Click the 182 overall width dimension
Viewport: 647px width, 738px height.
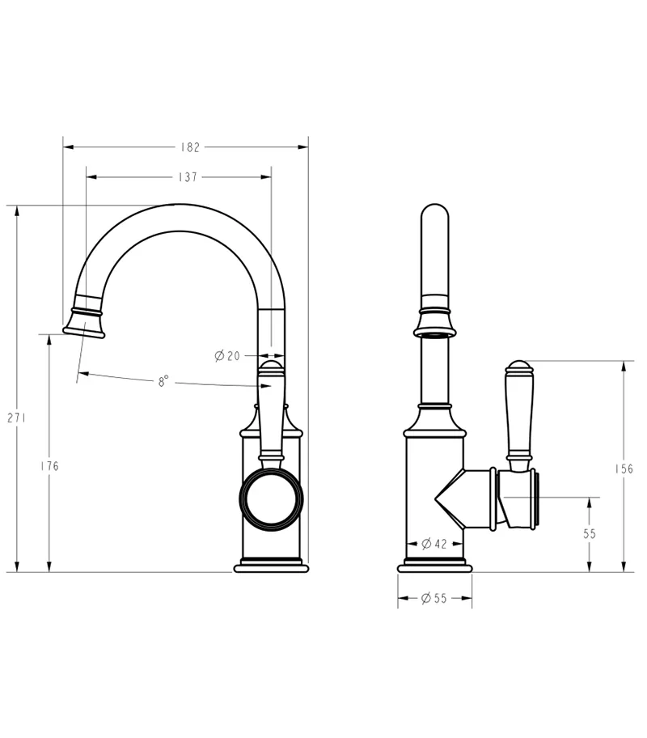[x=190, y=147]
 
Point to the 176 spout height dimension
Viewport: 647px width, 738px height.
[x=50, y=466]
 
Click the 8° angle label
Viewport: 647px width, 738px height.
[x=163, y=381]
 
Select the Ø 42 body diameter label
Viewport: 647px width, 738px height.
[x=434, y=544]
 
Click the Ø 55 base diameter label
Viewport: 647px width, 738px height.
[x=434, y=599]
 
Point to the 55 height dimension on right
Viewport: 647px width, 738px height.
[x=589, y=534]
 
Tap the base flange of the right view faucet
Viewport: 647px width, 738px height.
[x=434, y=566]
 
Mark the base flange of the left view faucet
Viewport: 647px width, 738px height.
[x=272, y=566]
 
